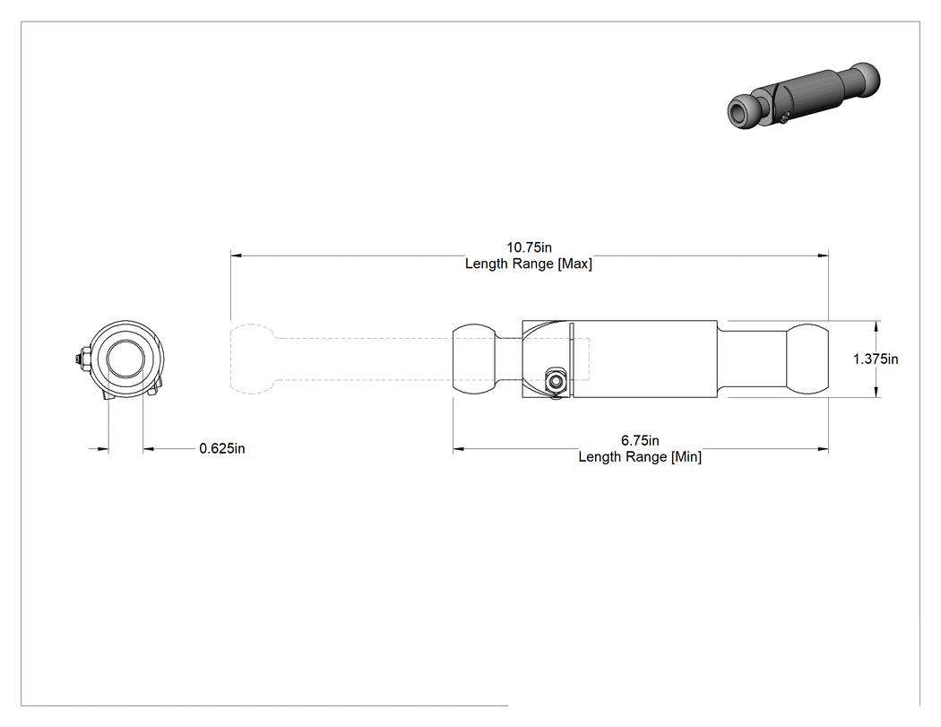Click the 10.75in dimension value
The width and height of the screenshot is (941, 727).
pyautogui.click(x=529, y=247)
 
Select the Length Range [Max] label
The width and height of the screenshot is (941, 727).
pyautogui.click(x=529, y=264)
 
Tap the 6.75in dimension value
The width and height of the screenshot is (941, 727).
pyautogui.click(x=640, y=441)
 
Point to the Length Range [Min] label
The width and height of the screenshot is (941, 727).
pyautogui.click(x=640, y=457)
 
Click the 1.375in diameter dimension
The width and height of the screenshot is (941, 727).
pyautogui.click(x=876, y=359)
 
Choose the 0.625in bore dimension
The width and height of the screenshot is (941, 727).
pyautogui.click(x=222, y=448)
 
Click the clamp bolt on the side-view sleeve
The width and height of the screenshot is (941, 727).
pyautogui.click(x=555, y=382)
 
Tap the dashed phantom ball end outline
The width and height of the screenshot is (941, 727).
pyautogui.click(x=252, y=359)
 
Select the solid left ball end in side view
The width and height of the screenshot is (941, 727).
pyautogui.click(x=475, y=359)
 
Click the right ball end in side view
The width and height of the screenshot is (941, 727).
pyautogui.click(x=807, y=359)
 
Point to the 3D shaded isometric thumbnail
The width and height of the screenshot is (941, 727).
pyautogui.click(x=804, y=96)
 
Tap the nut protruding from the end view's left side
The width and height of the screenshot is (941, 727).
pyautogui.click(x=79, y=359)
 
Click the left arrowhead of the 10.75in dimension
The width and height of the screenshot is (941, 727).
pyautogui.click(x=236, y=255)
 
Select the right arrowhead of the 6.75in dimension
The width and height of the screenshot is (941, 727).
pyautogui.click(x=823, y=448)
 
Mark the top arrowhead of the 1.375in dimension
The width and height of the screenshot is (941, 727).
pyautogui.click(x=876, y=326)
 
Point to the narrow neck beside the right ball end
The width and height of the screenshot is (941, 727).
pyautogui.click(x=752, y=359)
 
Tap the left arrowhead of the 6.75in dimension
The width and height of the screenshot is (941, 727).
pyautogui.click(x=459, y=448)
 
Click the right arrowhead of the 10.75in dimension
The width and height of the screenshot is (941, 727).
pyautogui.click(x=823, y=255)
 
